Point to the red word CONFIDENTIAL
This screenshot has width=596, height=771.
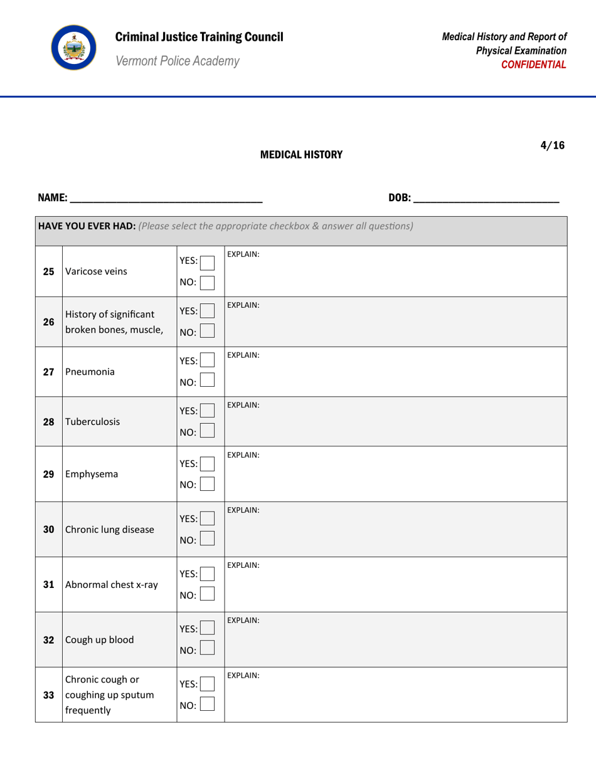[538, 64]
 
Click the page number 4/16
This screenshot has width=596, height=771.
[552, 146]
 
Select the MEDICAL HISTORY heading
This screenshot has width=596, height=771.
[301, 154]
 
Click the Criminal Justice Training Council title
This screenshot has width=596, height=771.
[199, 36]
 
